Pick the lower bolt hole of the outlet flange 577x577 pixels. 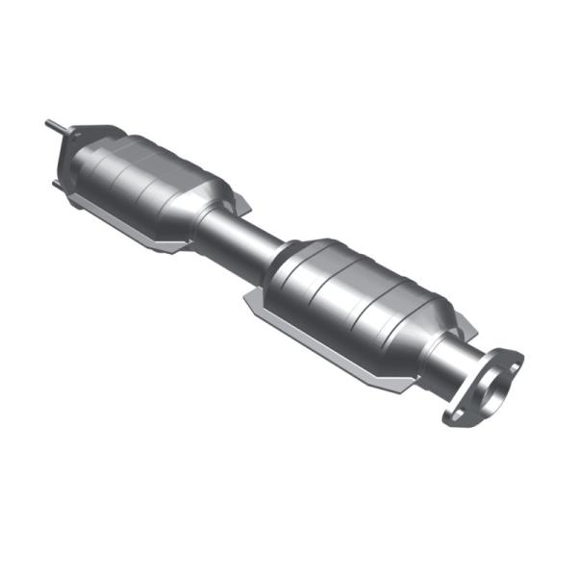(x=456, y=414)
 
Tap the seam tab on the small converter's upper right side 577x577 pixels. (x=239, y=203)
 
